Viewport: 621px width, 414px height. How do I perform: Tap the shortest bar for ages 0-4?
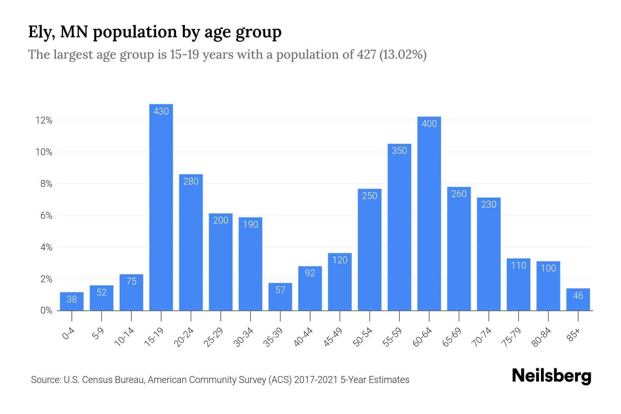click(x=72, y=302)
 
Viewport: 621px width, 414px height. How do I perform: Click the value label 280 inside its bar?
click(x=191, y=181)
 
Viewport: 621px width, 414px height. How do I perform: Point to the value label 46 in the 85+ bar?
click(x=578, y=296)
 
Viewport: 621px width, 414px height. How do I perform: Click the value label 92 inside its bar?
click(x=310, y=273)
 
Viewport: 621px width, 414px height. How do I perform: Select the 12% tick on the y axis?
click(x=44, y=120)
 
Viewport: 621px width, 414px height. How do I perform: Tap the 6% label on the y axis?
click(x=46, y=216)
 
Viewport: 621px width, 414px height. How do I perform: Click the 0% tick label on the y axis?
click(x=46, y=310)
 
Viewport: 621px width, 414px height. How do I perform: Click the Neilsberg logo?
click(x=551, y=376)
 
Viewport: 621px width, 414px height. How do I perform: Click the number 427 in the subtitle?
click(x=366, y=55)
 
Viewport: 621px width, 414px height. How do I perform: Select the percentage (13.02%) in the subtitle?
click(x=403, y=55)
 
